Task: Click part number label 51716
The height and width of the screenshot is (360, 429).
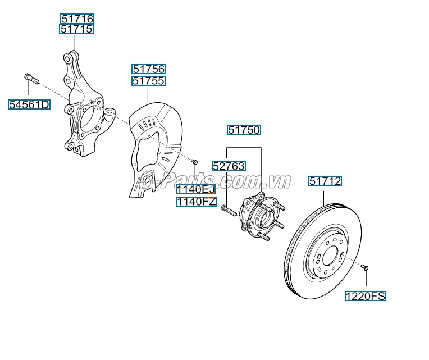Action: [x=77, y=19]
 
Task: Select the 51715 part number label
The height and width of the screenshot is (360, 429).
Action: [x=77, y=29]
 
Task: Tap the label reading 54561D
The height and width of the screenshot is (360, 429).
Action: [x=29, y=104]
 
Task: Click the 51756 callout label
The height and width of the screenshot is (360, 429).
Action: [x=149, y=69]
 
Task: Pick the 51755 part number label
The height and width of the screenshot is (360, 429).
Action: [x=149, y=80]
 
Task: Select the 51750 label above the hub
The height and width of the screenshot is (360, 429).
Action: [x=244, y=130]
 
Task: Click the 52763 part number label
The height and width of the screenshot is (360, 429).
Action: [x=229, y=166]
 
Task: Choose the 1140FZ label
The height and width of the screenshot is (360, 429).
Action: [x=197, y=201]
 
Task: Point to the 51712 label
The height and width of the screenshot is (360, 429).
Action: [x=325, y=181]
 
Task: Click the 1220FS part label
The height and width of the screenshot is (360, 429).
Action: [x=366, y=296]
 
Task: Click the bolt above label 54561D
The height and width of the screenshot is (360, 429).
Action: [x=30, y=78]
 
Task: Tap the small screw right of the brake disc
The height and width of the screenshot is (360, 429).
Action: [x=365, y=268]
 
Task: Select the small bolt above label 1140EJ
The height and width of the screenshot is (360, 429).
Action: [x=194, y=162]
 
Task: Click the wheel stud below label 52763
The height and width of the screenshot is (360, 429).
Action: [x=227, y=211]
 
